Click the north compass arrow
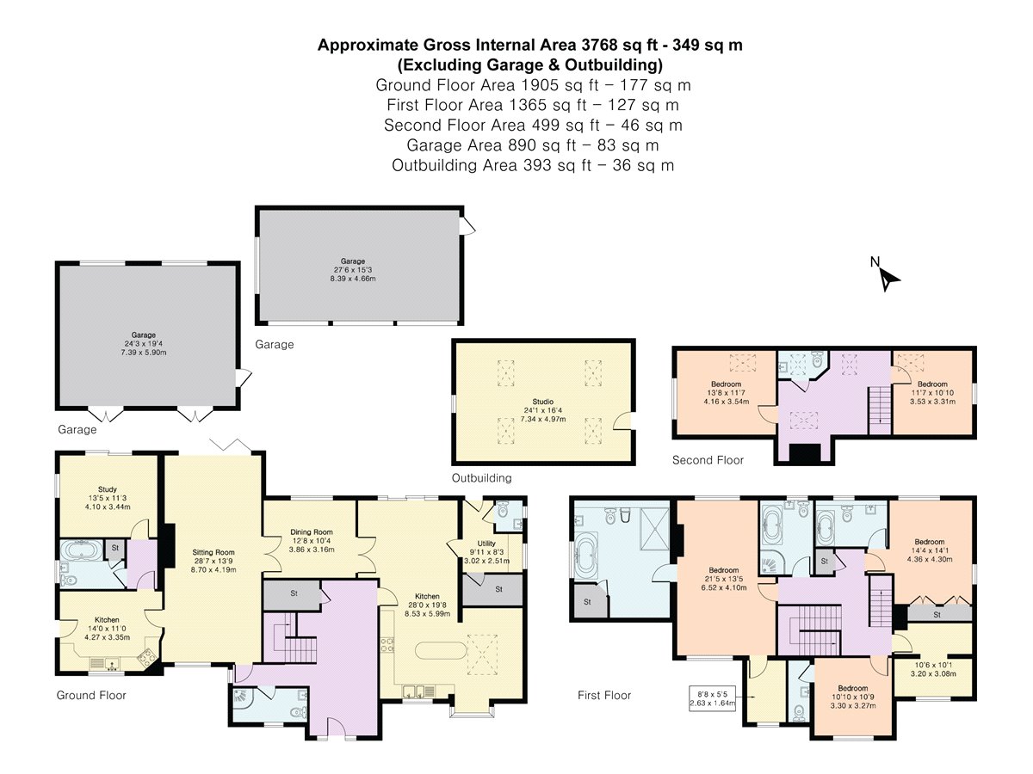888,278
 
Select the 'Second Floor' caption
708,461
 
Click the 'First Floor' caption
603,696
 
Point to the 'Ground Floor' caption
91,695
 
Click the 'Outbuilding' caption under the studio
481,478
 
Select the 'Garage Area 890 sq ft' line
533,145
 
